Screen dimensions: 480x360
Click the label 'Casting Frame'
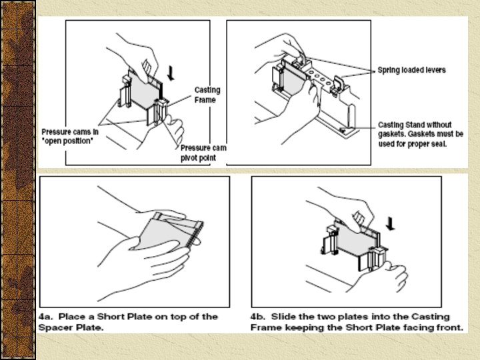point(207,95)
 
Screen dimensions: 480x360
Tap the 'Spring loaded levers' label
point(412,70)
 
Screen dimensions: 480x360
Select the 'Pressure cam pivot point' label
point(203,153)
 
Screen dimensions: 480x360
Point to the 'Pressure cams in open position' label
point(70,136)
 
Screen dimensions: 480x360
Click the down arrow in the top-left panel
point(171,73)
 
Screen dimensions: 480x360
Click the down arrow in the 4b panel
point(390,223)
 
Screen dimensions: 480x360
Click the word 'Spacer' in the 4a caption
point(53,327)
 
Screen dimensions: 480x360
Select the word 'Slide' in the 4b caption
point(282,317)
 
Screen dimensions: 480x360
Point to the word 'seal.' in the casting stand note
point(439,143)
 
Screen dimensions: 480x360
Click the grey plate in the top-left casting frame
point(144,90)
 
